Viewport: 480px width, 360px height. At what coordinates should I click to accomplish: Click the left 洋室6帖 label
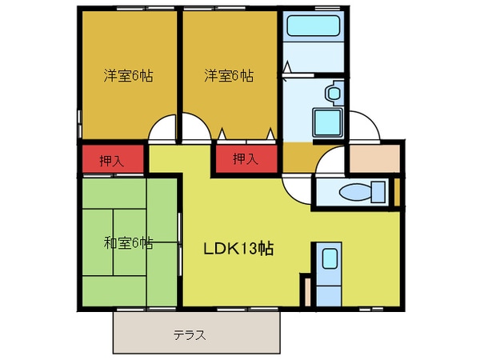128,77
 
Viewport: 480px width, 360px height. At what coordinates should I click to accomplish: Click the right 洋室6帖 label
229,77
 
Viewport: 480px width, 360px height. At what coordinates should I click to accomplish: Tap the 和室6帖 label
128,243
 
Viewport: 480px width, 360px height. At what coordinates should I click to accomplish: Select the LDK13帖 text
238,248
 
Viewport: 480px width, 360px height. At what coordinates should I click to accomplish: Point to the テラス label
190,335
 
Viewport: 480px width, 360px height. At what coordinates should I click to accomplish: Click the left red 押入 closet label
112,160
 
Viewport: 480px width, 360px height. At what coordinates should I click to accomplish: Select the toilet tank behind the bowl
378,192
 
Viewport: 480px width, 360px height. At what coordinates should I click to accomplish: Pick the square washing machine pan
327,124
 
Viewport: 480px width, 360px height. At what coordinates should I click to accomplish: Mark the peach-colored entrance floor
373,161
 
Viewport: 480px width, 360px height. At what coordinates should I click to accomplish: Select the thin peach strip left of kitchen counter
305,290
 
